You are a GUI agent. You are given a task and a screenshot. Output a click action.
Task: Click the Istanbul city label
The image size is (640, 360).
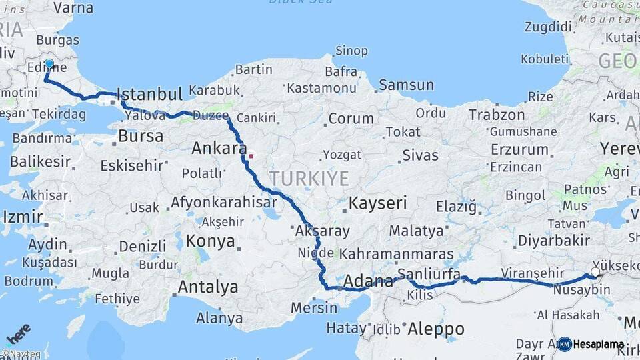149,94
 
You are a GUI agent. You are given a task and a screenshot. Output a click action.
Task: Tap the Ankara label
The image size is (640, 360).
219,148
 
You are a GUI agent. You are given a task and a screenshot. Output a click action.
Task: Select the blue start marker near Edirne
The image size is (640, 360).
49,64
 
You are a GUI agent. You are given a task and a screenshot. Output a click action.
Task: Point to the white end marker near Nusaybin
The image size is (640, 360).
595,273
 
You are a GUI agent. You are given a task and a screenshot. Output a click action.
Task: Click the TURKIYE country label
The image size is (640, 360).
309,179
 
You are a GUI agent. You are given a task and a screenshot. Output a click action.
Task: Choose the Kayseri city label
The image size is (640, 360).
377,203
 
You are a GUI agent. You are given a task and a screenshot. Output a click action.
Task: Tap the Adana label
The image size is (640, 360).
369,282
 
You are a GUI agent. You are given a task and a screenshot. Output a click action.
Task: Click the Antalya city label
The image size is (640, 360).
208,287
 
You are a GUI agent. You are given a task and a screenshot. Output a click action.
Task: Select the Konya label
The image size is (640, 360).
211,241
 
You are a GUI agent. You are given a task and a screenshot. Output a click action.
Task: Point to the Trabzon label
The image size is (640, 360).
497,115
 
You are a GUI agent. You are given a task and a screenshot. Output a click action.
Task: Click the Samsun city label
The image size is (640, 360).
406,85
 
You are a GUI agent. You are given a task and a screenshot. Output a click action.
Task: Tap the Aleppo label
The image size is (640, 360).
435,329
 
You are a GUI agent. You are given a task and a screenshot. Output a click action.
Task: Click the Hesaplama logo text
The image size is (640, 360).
599,345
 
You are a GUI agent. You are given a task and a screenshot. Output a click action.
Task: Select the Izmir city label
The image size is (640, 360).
23,217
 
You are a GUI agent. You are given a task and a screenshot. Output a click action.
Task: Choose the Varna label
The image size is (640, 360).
73,8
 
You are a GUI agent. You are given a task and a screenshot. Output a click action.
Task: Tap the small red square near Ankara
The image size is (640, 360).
251,156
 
